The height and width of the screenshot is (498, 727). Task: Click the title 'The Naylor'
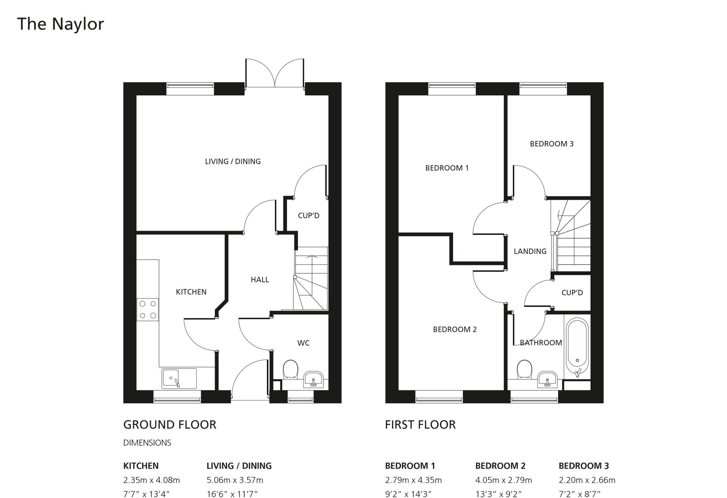[x=60, y=24]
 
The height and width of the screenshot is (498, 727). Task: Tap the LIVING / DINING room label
[x=233, y=161]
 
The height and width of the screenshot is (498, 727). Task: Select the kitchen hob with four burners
[x=148, y=309]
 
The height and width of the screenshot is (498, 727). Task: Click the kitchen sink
[x=179, y=378]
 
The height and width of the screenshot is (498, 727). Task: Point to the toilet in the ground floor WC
[x=290, y=369]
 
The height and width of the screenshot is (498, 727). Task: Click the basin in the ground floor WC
[x=313, y=380]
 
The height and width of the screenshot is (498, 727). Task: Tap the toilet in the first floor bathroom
[x=524, y=369]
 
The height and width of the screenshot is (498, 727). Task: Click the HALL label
[x=259, y=280]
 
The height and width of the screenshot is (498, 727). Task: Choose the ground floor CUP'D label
[x=308, y=216]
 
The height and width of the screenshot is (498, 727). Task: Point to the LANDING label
[x=530, y=251]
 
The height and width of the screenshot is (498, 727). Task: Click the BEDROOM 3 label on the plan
[x=551, y=144]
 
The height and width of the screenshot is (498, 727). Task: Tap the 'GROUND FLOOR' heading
[x=169, y=424]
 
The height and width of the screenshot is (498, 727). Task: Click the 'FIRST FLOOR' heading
[x=420, y=424]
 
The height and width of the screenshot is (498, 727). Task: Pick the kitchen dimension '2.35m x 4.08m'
[x=151, y=480]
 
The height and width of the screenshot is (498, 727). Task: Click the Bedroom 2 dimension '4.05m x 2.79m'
[x=503, y=480]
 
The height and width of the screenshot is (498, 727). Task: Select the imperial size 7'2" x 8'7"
[x=579, y=494]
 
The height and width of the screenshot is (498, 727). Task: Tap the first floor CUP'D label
[x=572, y=293]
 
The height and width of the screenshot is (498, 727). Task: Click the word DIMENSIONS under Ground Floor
[x=147, y=443]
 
